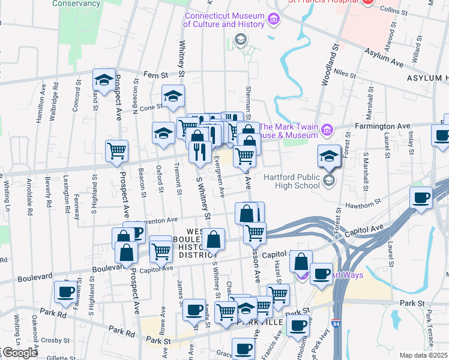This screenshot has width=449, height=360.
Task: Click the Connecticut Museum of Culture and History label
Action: [224, 20]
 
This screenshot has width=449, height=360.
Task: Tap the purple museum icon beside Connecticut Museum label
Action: [274, 20]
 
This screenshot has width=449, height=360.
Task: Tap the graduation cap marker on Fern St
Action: [104, 80]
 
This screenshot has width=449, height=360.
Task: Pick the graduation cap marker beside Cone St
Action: [173, 96]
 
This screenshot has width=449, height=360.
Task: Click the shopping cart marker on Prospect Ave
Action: [116, 151]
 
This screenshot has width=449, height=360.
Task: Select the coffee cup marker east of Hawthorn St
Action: [421, 198]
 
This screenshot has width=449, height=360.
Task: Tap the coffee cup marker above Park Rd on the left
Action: [65, 292]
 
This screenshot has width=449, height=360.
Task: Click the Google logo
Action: [19, 353]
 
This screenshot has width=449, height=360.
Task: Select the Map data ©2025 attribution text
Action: [423, 355]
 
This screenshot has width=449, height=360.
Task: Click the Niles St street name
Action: [345, 74]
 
